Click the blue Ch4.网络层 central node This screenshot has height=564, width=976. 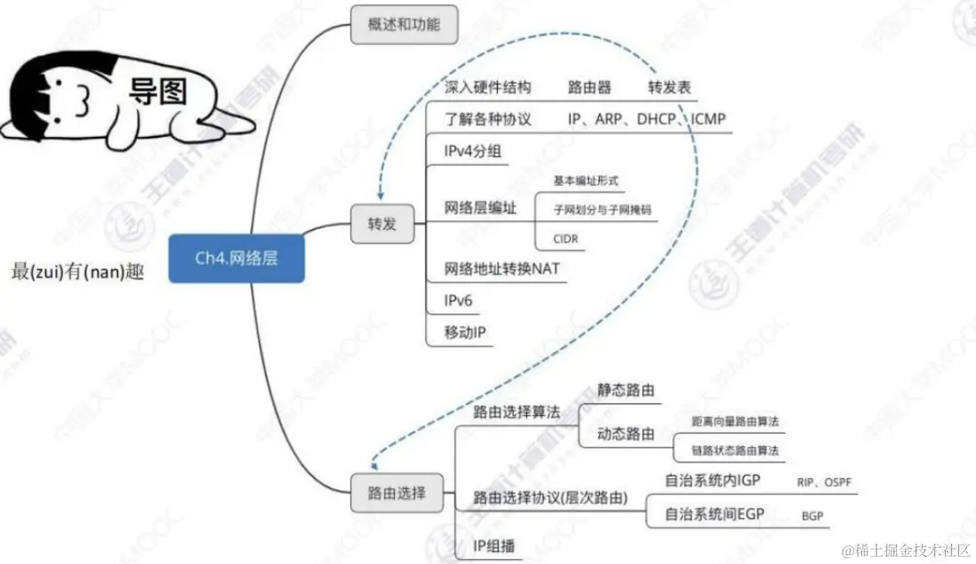pyautogui.click(x=236, y=258)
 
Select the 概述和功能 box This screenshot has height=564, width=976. pyautogui.click(x=404, y=25)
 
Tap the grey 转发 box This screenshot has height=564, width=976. pyautogui.click(x=382, y=224)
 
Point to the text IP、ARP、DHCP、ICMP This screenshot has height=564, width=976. pyautogui.click(x=646, y=119)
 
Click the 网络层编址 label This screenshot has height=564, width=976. pyautogui.click(x=480, y=207)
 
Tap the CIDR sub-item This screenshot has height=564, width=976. pyautogui.click(x=567, y=238)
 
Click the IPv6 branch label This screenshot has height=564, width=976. pyautogui.click(x=458, y=301)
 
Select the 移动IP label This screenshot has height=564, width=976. pyautogui.click(x=465, y=332)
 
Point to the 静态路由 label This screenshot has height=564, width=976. pyautogui.click(x=626, y=390)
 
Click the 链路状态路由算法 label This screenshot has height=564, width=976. pyautogui.click(x=735, y=451)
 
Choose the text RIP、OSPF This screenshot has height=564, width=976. pyautogui.click(x=824, y=482)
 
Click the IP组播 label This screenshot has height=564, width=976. pyautogui.click(x=494, y=545)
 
